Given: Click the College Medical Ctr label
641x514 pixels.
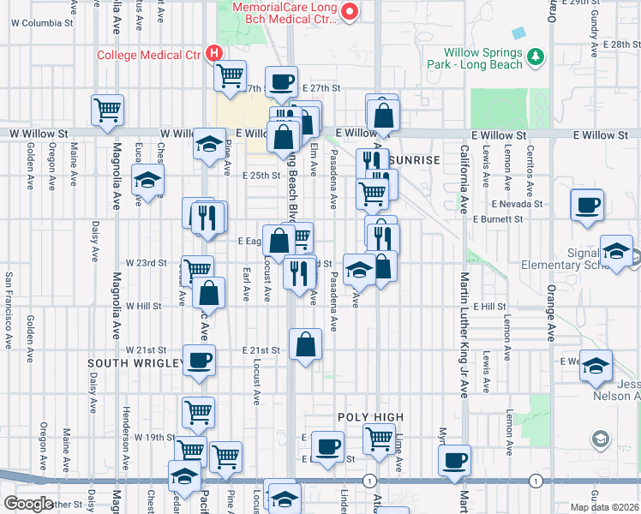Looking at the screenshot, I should (147, 56).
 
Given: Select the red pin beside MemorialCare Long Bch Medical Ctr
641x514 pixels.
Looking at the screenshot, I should (350, 12).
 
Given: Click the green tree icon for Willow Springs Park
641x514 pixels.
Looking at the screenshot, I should (536, 57).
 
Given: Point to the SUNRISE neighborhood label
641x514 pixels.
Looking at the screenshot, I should (413, 160).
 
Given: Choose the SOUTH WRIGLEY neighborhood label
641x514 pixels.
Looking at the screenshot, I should (134, 363).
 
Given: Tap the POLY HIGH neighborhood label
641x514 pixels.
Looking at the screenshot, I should (369, 417).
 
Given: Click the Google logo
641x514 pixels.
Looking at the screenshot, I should (27, 504).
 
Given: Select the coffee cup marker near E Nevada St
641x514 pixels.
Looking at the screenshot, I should (588, 206).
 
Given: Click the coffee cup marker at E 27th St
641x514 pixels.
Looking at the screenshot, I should (280, 83).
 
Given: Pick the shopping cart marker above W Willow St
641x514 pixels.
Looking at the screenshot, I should (108, 110).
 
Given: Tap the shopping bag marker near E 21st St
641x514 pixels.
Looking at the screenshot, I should (306, 345).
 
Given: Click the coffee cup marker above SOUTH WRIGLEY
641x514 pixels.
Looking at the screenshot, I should (199, 361).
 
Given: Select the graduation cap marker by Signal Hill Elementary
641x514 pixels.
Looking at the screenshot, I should (616, 252).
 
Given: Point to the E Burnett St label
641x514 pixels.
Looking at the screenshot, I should (497, 220).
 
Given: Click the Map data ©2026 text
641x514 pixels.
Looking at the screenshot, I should (603, 507).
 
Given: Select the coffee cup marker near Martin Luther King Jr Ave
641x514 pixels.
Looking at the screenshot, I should (455, 459).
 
